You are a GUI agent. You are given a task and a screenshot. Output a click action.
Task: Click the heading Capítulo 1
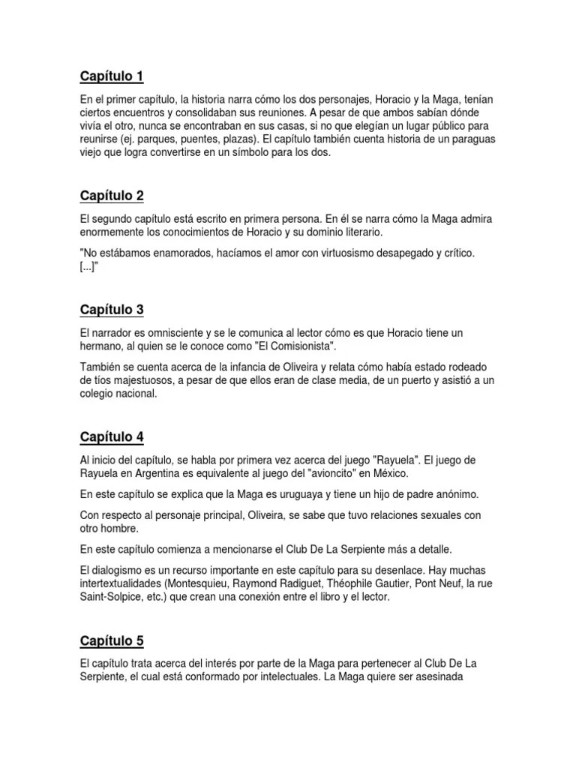point(111,76)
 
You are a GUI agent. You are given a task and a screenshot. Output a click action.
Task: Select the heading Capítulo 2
point(111,196)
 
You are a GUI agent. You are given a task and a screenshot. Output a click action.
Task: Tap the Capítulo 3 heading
point(111,310)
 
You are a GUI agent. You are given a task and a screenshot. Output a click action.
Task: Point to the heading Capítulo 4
point(111,436)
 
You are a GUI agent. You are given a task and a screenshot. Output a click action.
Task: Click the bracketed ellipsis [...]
point(88,267)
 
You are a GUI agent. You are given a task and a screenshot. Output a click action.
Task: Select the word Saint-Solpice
point(110,597)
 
